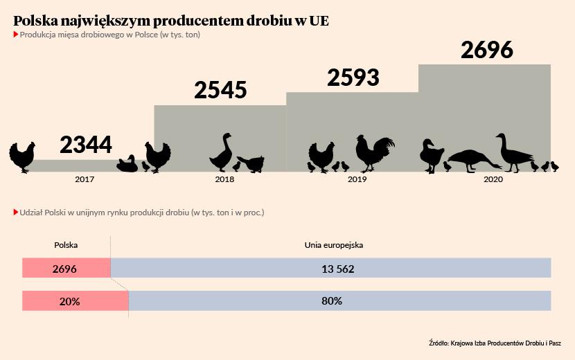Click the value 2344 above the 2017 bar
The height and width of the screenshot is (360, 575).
86,145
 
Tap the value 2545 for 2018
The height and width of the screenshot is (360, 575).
220,90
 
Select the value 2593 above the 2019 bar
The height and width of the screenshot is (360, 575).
353,78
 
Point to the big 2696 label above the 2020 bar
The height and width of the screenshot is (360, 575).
486,51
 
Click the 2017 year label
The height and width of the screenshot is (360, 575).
85,179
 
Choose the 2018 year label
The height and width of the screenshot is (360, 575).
224,179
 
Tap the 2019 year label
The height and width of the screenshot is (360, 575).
357,179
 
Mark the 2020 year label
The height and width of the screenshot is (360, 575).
493,179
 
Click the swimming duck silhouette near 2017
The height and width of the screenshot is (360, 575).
127,164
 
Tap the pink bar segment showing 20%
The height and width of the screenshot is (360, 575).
75,301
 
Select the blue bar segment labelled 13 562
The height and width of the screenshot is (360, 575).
330,269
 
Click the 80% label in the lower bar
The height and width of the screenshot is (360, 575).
331,301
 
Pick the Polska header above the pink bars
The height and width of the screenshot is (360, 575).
66,244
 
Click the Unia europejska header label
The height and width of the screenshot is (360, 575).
334,244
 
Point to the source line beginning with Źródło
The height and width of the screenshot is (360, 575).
495,343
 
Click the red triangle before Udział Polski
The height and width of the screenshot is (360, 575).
16,213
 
